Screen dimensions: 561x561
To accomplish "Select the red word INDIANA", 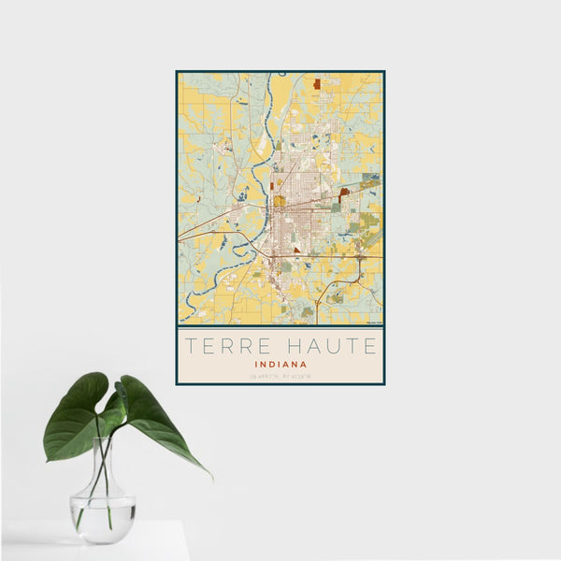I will pos(280,364).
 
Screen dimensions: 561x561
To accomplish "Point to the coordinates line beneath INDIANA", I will pos(280,376).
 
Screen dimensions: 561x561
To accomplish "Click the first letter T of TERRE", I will pos(189,346).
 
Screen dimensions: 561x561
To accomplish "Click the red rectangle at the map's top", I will pos(317,83).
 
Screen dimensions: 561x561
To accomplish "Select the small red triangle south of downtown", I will pos(297,251).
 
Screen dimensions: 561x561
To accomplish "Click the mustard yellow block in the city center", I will pos(279,200).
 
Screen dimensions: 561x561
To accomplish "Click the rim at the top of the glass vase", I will pos(105,440).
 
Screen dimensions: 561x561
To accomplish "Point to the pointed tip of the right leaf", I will pos(211,478).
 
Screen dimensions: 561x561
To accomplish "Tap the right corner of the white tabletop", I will pos(188,523).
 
